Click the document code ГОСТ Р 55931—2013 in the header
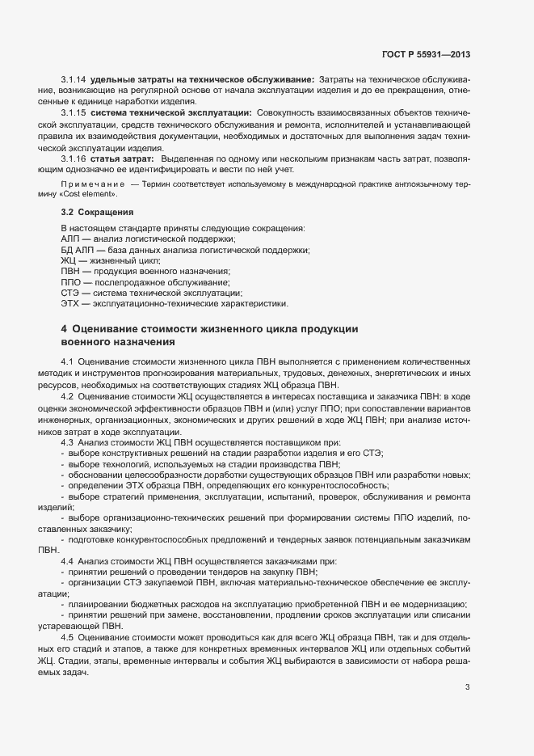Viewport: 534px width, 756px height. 426,54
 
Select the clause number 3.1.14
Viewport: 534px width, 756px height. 73,78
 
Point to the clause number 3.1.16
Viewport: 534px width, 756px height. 73,159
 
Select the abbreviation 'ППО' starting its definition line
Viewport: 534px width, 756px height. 70,283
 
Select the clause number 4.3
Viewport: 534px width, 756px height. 68,443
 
